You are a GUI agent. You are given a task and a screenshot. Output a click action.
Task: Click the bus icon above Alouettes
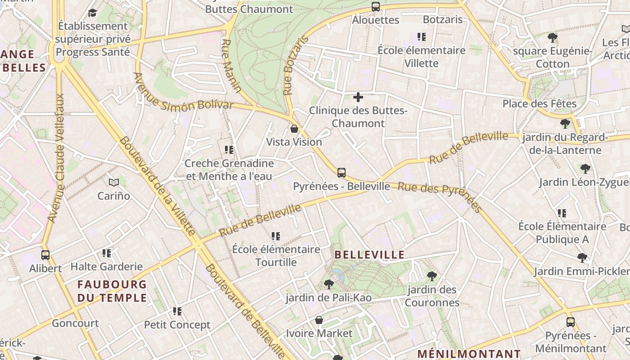[x=375, y=7]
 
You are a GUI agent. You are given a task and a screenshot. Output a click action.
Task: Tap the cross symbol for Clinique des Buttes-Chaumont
[x=358, y=97]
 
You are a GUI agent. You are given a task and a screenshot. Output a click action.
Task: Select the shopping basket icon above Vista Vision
[x=294, y=129]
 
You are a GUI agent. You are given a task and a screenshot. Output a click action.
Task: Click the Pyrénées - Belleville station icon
[x=342, y=173]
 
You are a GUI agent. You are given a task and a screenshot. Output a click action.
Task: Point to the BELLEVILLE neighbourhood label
[x=370, y=255]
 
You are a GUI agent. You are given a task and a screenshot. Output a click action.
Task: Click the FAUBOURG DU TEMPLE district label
[x=112, y=291]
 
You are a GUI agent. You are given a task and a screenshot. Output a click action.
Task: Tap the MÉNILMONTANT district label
[x=469, y=354]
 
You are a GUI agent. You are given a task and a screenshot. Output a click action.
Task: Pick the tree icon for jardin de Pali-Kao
[x=329, y=284]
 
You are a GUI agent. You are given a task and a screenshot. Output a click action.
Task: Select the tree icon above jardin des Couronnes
[x=432, y=276]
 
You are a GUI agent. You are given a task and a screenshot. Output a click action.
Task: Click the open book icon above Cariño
[x=114, y=183]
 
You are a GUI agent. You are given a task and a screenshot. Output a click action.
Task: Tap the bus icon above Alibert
[x=45, y=255]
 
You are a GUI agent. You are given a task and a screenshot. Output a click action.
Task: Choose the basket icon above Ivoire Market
[x=319, y=320]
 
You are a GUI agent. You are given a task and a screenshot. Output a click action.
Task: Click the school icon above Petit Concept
[x=177, y=311]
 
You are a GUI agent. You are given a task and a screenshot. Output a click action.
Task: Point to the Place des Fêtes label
[x=539, y=104]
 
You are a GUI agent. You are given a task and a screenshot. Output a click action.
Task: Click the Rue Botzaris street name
[x=296, y=66]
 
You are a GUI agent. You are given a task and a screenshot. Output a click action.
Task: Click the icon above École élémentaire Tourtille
[x=276, y=236]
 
